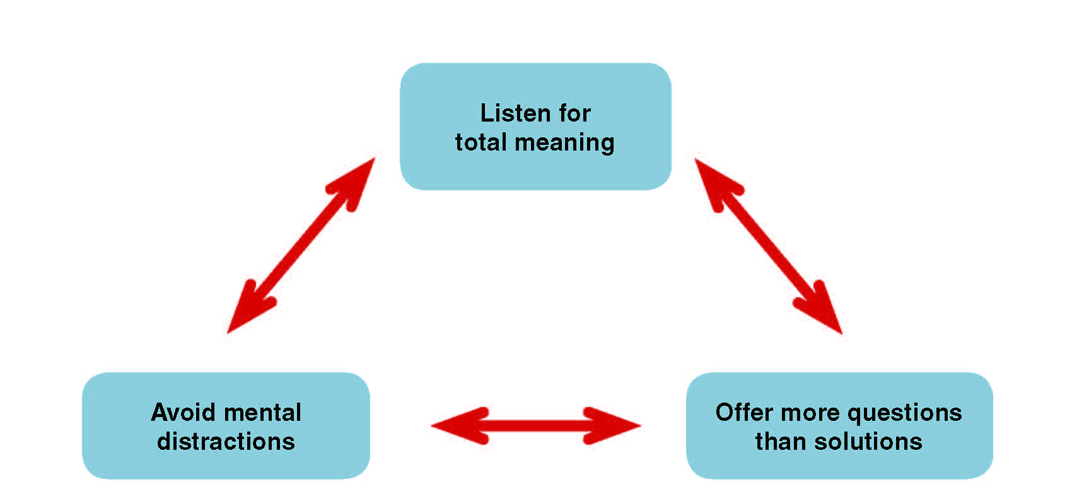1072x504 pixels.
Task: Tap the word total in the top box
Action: [481, 142]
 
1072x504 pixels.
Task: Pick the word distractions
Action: [226, 442]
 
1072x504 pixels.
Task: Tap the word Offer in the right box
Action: [743, 413]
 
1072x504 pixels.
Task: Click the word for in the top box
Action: [574, 113]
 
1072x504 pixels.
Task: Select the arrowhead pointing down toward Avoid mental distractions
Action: [245, 312]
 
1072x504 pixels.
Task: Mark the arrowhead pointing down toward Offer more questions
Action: [823, 311]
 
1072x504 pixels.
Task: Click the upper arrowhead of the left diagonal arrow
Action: [356, 180]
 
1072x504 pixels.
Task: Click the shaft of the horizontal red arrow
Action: [536, 426]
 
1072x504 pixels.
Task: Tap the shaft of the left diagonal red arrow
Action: [301, 246]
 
